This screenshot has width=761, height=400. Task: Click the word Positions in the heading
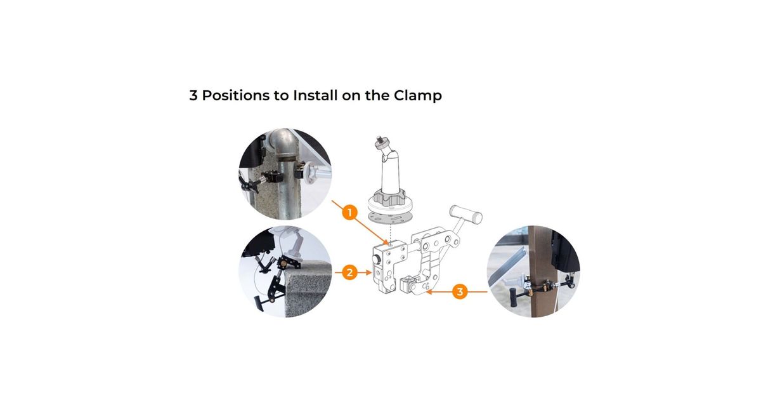coord(235,95)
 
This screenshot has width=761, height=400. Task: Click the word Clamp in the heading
coord(417,96)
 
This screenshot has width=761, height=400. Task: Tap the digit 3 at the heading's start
coord(193,96)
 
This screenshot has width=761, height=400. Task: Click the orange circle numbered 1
coord(349,213)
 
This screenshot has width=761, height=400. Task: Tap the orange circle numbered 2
coord(349,272)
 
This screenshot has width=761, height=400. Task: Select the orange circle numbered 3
coord(460,291)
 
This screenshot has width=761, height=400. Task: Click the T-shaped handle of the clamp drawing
coord(465,215)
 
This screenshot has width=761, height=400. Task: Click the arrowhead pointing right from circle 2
coord(368,272)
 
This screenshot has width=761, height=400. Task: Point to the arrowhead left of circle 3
coord(429,291)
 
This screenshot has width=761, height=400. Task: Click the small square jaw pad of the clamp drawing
coord(407,285)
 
